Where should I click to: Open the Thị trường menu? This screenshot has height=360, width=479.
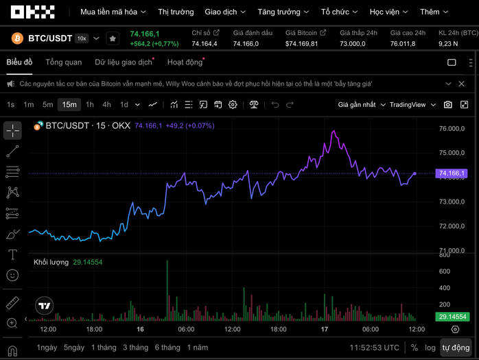(176, 12)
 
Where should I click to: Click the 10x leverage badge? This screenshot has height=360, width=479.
(82, 38)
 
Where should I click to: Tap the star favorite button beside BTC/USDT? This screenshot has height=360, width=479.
(112, 38)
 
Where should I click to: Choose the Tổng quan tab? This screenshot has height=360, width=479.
(63, 62)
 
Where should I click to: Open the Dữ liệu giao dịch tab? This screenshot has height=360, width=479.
(124, 62)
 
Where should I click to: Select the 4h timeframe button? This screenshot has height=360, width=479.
(106, 105)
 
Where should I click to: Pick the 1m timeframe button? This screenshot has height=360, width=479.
(29, 105)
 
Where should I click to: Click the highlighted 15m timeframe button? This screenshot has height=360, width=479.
(69, 105)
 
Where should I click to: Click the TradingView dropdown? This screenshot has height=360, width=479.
(412, 105)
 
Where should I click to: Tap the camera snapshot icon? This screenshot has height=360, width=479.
(448, 105)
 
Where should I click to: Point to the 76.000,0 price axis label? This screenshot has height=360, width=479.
(452, 129)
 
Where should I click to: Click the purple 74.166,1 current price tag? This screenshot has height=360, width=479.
(452, 173)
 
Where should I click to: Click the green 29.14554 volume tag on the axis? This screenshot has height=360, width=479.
(452, 317)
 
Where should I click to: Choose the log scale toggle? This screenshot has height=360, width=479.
(430, 348)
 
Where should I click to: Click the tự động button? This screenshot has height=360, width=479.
(456, 348)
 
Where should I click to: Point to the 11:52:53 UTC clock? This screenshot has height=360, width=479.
(374, 348)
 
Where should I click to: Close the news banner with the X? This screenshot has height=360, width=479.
(464, 84)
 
